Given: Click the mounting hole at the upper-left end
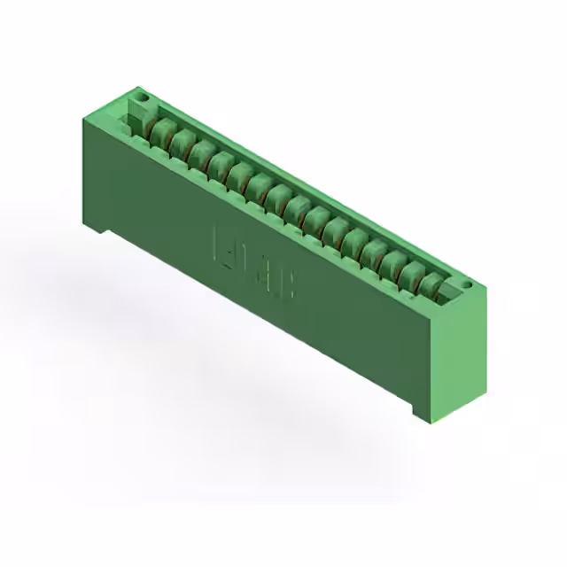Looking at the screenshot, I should (139, 94).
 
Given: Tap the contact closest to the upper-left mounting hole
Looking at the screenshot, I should (160, 132).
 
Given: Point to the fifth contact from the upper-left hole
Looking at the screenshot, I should (238, 175).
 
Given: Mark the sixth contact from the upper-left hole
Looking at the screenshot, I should (258, 186).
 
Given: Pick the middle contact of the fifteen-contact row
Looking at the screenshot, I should (296, 208).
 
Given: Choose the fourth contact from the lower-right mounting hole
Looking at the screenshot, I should (373, 252).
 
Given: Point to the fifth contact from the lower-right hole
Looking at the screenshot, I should (353, 241).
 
